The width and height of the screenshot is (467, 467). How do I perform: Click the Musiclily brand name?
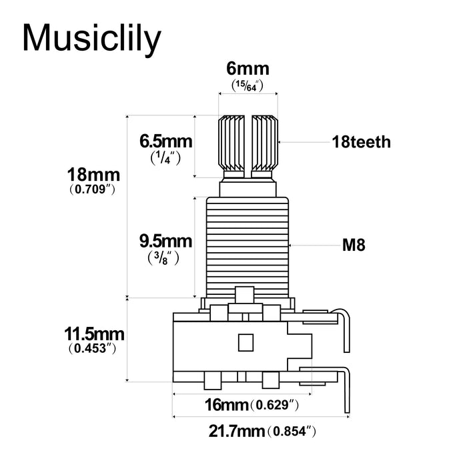[x=91, y=39]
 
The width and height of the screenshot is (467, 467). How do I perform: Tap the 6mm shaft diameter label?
[x=248, y=69]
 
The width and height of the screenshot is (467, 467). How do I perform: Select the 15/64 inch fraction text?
[x=248, y=86]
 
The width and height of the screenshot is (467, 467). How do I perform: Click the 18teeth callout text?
[x=361, y=142]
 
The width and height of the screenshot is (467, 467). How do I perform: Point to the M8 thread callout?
[x=353, y=246]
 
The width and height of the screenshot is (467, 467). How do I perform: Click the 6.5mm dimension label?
[x=165, y=141]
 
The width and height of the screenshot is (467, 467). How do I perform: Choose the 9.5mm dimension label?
[x=165, y=240]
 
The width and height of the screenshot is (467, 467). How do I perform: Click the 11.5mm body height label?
[x=94, y=333]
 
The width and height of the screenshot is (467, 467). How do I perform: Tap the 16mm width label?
[x=225, y=404]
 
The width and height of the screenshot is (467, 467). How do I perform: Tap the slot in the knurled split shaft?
[x=248, y=143]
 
